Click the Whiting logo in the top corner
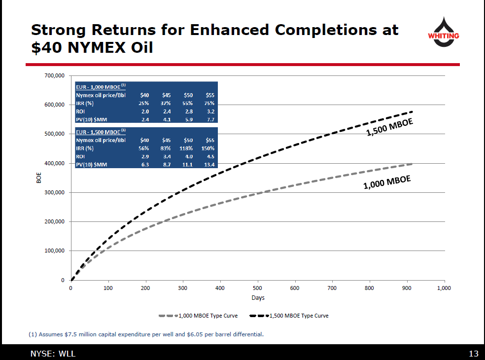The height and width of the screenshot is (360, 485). coord(443,32)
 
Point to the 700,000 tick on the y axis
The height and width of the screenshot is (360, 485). coord(54,76)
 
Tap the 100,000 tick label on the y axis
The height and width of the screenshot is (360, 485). coord(54,251)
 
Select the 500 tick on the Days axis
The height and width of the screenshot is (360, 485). coord(257,288)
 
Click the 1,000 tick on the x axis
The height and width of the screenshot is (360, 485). coord(444,288)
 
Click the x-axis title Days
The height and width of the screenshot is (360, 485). coord(258,298)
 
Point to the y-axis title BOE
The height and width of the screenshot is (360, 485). coord(39,178)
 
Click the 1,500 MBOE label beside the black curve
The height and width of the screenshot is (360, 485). coord(389,127)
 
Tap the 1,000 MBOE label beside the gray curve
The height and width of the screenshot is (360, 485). coord(387,182)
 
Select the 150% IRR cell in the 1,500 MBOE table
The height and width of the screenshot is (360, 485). coord(208,148)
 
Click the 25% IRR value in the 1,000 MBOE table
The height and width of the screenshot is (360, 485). coord(144,103)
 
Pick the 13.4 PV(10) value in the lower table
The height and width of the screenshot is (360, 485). coord(209,164)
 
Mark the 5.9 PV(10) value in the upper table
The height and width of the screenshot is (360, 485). coord(189,119)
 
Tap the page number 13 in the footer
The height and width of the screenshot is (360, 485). coord(473,353)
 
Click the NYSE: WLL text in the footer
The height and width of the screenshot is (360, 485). coord(53,353)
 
